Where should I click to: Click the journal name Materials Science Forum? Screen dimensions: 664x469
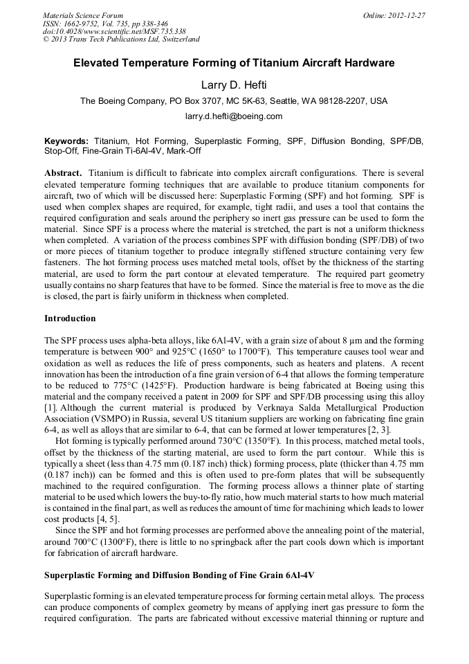click(83, 15)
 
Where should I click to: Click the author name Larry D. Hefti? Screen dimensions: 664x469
click(234, 85)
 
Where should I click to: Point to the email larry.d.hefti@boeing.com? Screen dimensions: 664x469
click(234, 116)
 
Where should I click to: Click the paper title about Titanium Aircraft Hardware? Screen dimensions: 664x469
click(234, 63)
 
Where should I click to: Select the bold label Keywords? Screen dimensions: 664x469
click(66, 140)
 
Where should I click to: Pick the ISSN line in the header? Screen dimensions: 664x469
click(107, 23)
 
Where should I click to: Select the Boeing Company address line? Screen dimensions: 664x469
click(234, 101)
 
